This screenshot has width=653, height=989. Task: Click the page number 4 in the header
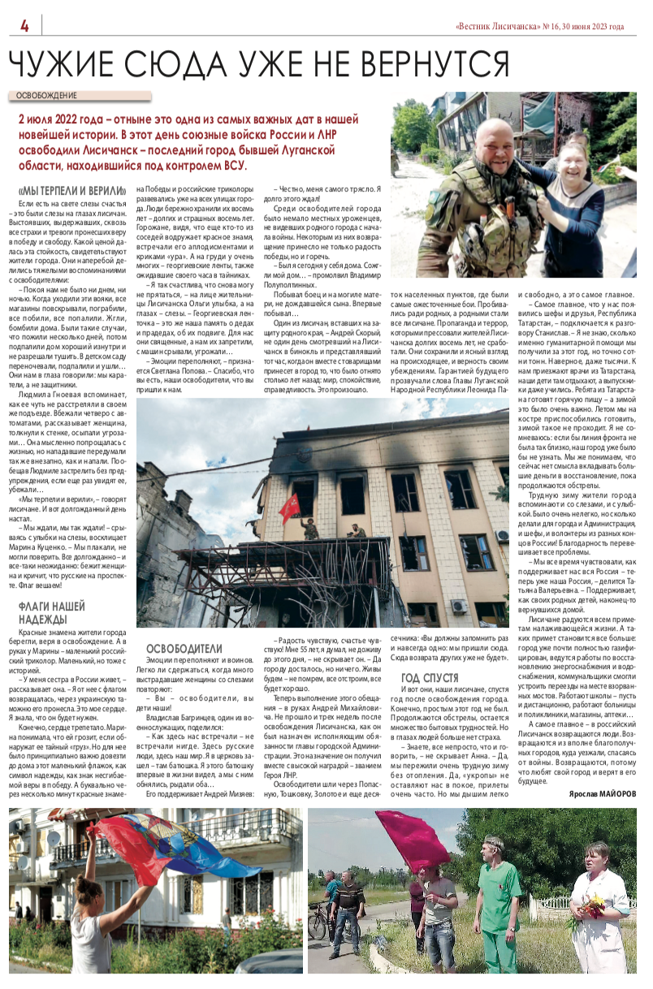point(24,26)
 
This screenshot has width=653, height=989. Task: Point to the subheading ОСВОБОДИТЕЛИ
point(184,648)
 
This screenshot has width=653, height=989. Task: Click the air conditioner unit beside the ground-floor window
point(459,606)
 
